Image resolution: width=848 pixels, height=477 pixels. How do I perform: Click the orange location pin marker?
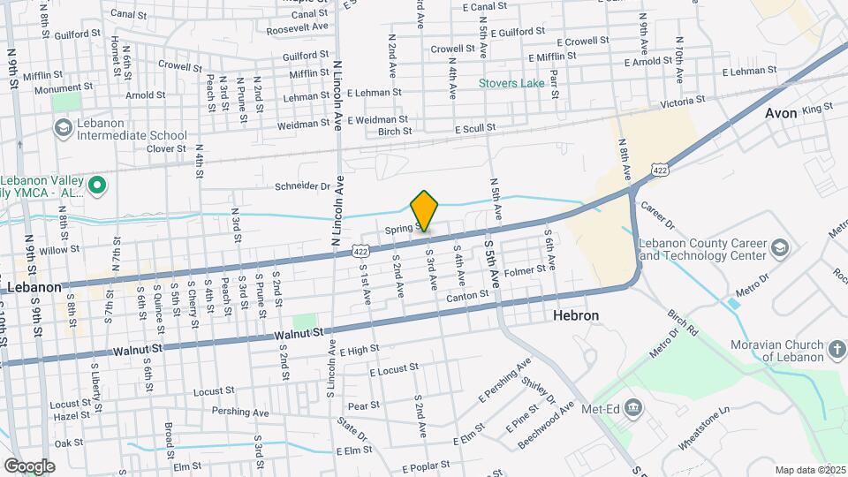point(425,210)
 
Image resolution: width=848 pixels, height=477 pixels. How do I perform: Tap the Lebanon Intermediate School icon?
point(62,129)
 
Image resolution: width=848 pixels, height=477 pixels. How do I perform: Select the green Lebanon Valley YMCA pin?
point(99,185)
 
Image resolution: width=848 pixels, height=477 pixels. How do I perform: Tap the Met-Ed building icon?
point(632,407)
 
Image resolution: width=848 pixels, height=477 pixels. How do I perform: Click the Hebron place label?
point(576,315)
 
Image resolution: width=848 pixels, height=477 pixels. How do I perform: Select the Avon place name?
point(781,113)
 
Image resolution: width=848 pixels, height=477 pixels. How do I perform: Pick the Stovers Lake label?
point(512,84)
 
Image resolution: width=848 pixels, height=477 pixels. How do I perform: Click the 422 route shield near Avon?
point(660,169)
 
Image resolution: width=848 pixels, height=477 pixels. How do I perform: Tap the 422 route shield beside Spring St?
point(360,251)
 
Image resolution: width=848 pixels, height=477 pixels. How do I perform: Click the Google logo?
point(29,466)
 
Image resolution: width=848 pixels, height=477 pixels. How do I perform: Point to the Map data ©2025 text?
point(810,470)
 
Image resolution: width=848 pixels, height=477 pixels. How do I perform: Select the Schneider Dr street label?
point(301,186)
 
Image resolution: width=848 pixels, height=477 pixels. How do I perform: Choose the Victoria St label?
point(686,102)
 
